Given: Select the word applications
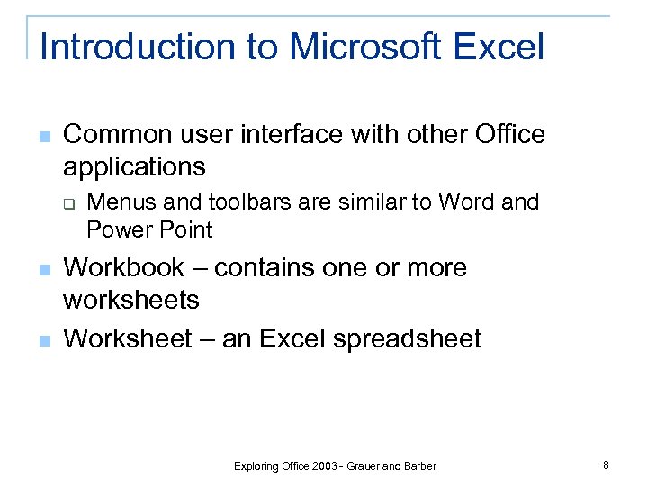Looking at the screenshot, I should (x=134, y=167).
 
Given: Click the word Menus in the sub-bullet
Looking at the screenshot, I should (x=119, y=202).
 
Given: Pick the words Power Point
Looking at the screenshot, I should (x=149, y=230).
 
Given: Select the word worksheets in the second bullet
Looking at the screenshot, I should (x=131, y=299).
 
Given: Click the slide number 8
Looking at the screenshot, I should (x=606, y=465).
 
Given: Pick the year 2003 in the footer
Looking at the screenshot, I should (x=325, y=466).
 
